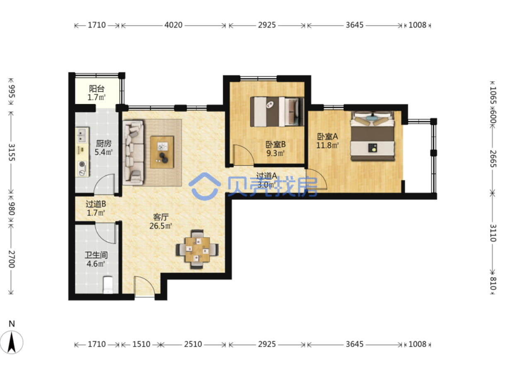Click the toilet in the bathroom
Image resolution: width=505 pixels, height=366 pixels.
108,285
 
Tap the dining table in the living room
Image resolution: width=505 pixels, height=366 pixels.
197,250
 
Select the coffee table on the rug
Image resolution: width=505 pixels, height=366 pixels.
162,152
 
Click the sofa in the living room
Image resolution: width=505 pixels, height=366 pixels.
133,153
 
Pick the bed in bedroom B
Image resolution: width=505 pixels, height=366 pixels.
277,111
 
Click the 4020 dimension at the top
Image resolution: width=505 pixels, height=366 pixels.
173,25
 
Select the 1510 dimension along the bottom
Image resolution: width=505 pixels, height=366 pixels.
141,344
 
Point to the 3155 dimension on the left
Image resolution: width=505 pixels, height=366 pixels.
12,153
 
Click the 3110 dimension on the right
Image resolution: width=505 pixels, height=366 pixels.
493,233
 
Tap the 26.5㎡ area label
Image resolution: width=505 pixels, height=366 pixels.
161,226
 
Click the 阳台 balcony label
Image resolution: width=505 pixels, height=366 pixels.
97,89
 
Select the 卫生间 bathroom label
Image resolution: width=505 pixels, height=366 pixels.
96,255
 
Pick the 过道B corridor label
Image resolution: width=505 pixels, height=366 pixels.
96,204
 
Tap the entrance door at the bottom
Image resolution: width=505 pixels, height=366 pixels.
145,286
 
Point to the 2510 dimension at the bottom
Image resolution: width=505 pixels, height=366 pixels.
193,344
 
